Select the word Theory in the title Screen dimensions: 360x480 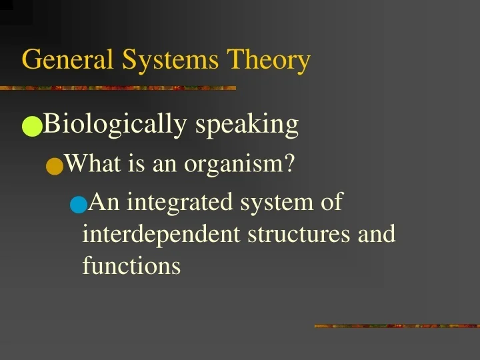coord(269,61)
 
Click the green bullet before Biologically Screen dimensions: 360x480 coord(31,126)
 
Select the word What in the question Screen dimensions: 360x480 coord(91,163)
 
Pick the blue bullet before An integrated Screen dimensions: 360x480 coord(78,204)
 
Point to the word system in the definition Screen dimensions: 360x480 coord(273,202)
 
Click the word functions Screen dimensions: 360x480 coord(131,265)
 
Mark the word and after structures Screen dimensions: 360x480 coord(377,234)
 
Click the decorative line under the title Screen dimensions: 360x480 coord(118,87)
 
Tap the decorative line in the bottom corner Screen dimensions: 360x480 coord(397,326)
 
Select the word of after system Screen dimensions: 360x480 coord(331,201)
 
